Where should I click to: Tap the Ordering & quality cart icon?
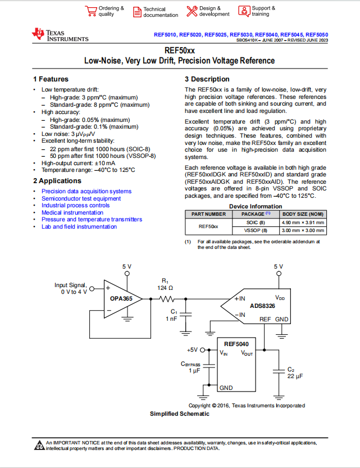click(x=90, y=11)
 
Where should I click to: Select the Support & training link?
click(x=263, y=11)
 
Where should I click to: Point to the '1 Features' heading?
click(x=51, y=79)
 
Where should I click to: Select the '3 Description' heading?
click(x=207, y=79)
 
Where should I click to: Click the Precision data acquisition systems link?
click(x=86, y=192)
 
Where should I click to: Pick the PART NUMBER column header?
click(x=208, y=214)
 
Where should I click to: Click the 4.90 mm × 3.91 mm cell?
click(x=303, y=222)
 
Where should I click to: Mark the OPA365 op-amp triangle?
click(x=120, y=299)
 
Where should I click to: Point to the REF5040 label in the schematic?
click(x=236, y=344)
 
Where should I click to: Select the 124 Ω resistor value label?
click(x=165, y=288)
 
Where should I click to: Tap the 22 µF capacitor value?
click(x=295, y=376)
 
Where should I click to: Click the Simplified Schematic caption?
click(x=180, y=414)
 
